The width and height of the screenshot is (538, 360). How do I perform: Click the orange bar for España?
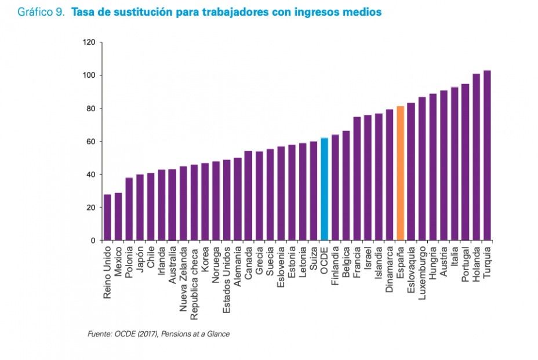[400, 173]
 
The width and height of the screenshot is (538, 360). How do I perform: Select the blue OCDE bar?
[324, 189]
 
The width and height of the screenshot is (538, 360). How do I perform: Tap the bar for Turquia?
[487, 155]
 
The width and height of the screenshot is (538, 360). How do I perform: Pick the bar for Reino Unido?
[107, 217]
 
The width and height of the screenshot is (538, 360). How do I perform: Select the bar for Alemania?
[237, 199]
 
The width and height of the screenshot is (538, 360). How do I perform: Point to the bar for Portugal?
[465, 162]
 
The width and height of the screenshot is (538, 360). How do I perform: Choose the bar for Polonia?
[129, 209]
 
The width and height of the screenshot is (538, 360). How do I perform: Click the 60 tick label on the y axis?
[90, 141]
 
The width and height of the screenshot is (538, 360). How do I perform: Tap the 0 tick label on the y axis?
[93, 241]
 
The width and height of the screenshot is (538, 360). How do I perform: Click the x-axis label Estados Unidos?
[227, 273]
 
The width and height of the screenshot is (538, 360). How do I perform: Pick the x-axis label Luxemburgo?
[422, 271]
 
